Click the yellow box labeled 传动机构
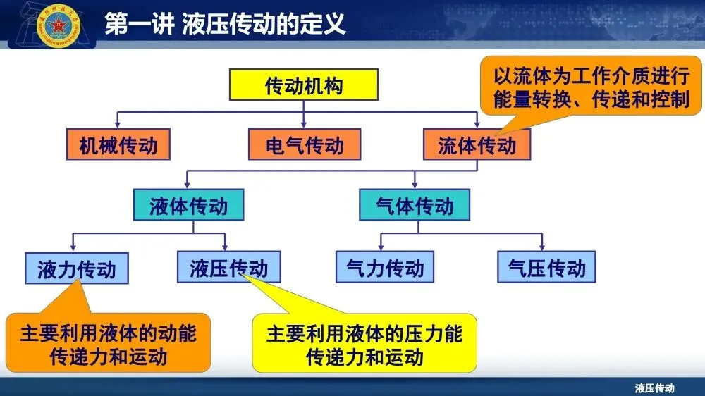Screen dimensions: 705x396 point(304,86)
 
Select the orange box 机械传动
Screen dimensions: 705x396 point(118,145)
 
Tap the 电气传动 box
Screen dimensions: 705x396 point(305,145)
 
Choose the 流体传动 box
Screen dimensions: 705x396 point(477,145)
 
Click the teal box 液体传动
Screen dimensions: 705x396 point(188,206)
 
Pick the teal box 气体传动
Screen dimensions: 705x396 point(415,206)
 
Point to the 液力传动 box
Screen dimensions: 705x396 point(76,268)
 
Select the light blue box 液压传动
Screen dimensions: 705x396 point(228,268)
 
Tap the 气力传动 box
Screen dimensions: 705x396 point(385,268)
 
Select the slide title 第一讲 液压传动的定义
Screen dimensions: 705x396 point(225,25)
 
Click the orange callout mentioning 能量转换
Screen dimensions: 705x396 point(591,87)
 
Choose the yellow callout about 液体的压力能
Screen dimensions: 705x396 point(364,344)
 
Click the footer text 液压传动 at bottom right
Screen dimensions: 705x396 point(654,388)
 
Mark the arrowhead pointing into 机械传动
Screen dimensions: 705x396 point(117,125)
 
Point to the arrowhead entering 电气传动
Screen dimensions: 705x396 point(304,125)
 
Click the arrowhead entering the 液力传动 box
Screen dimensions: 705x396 point(74,248)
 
